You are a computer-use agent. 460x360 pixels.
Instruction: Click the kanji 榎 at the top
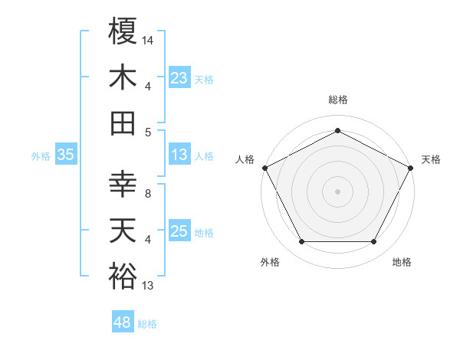click(123, 31)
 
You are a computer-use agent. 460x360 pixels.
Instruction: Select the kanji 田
click(123, 123)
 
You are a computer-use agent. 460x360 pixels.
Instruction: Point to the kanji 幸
click(123, 185)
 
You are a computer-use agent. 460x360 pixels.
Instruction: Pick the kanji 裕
click(123, 276)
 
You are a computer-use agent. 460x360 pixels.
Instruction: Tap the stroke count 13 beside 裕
click(148, 286)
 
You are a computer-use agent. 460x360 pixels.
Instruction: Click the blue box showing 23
click(179, 77)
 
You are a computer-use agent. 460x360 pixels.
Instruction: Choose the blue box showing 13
click(179, 155)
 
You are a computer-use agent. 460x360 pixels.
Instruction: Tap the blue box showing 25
click(179, 231)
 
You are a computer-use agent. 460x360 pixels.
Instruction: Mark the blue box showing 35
click(65, 155)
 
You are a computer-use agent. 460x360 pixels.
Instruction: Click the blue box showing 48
click(122, 322)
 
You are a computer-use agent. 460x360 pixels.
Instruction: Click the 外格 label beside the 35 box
click(41, 155)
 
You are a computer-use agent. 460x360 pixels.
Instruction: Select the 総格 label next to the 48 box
click(147, 324)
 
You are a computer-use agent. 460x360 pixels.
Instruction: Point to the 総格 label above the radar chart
click(337, 100)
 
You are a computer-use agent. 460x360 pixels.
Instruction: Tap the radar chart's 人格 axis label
click(245, 159)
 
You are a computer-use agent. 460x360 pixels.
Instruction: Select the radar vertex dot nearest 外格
click(301, 242)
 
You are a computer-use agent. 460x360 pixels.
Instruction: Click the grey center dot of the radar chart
click(337, 191)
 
